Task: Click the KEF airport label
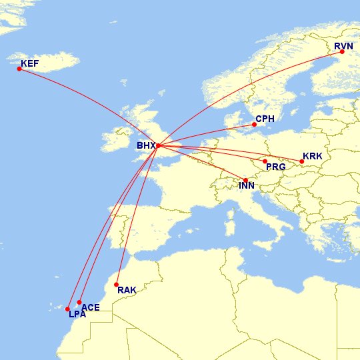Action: click(x=30, y=64)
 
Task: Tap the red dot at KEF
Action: click(x=19, y=69)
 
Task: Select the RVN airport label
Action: click(x=343, y=46)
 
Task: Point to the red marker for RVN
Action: click(x=342, y=52)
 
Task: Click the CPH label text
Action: click(x=265, y=120)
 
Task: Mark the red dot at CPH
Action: click(x=254, y=125)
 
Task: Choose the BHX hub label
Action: click(x=145, y=145)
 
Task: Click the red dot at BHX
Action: click(x=158, y=145)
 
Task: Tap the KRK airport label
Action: click(x=312, y=156)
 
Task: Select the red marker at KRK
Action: click(x=301, y=161)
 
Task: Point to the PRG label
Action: click(x=276, y=167)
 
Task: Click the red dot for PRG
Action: click(x=265, y=161)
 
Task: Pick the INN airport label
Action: click(x=247, y=186)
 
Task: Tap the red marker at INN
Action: click(x=245, y=181)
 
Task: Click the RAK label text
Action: click(x=126, y=290)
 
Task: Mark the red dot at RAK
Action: click(x=117, y=284)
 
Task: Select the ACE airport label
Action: click(x=91, y=307)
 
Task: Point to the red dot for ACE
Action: click(x=79, y=303)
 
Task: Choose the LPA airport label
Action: click(x=77, y=314)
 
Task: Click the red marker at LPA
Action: click(x=67, y=309)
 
